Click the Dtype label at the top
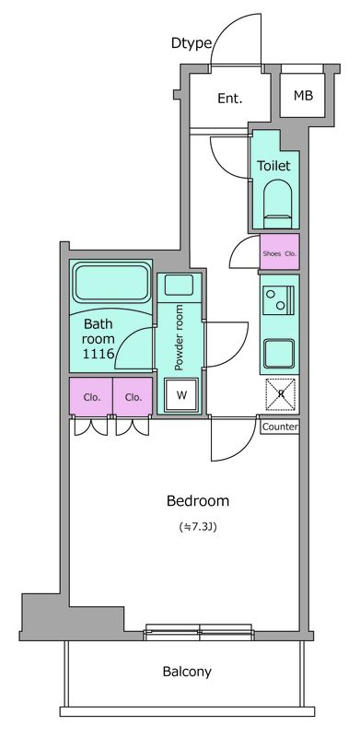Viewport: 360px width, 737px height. (192, 43)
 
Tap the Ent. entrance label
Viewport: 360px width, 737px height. (230, 99)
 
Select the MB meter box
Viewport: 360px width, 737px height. (303, 96)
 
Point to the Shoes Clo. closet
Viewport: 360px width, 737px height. (280, 252)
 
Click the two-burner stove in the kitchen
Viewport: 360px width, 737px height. (277, 300)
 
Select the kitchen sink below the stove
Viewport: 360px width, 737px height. (279, 354)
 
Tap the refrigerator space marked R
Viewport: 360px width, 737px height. (281, 394)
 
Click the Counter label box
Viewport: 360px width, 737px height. (280, 427)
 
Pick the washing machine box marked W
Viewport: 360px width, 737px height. (181, 395)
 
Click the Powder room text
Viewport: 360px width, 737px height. (179, 337)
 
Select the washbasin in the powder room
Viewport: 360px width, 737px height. (179, 288)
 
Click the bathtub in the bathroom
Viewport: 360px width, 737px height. (111, 283)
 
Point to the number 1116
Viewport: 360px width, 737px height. (99, 354)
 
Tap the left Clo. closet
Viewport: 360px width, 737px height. (91, 396)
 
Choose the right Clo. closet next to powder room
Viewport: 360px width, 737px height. (133, 396)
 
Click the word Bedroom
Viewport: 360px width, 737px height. (198, 501)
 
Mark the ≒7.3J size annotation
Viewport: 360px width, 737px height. (198, 527)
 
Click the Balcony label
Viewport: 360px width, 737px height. (187, 672)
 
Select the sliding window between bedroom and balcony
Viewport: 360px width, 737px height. (198, 632)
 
